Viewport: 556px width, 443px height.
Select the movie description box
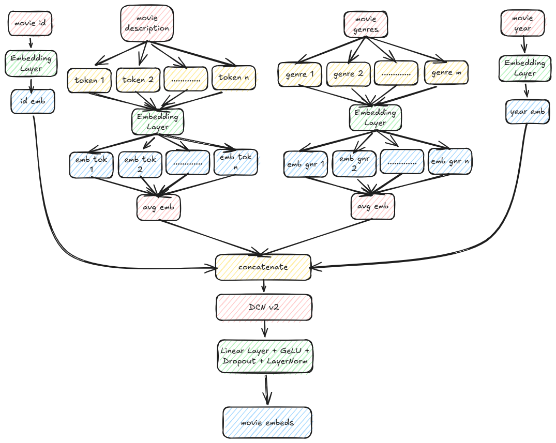point(147,23)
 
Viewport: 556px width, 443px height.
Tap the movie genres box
point(366,24)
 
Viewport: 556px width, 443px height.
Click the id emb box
point(33,101)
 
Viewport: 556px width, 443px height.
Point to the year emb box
point(525,112)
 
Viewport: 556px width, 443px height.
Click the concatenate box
point(263,267)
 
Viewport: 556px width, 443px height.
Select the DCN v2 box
point(264,308)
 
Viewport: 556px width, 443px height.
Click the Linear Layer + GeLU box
point(264,356)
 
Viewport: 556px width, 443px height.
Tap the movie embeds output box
point(267,422)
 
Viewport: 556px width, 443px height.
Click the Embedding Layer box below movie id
point(31,63)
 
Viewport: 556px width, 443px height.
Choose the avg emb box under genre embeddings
point(372,206)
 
